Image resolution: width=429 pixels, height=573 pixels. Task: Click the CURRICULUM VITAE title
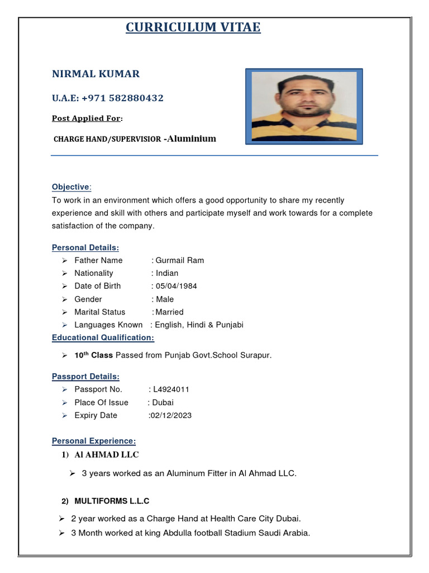(193, 27)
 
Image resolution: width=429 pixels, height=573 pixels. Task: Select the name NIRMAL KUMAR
(96, 74)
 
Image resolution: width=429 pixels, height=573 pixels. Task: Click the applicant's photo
(304, 105)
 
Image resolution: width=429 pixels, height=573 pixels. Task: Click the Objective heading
(70, 187)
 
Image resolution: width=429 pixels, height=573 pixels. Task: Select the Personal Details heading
(85, 247)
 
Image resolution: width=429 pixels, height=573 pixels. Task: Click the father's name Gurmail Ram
(179, 260)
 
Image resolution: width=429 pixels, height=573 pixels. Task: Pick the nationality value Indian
(167, 273)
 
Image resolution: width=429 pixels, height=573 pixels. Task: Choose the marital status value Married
(169, 312)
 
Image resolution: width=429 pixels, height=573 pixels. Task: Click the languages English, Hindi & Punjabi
(199, 325)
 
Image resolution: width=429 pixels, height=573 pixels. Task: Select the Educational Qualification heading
(103, 337)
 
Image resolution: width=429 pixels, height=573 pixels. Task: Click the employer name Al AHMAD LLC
(106, 454)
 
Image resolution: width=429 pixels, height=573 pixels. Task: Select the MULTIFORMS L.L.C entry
(112, 501)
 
